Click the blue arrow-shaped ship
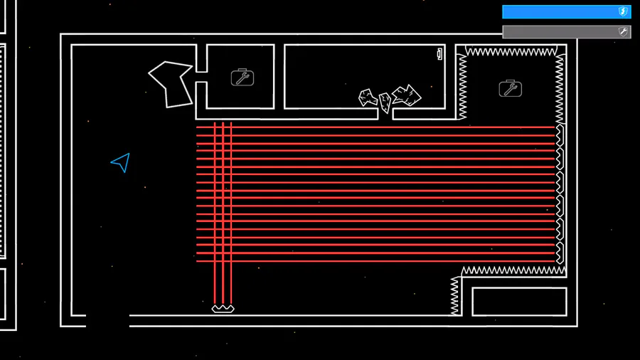(122, 162)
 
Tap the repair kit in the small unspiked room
(242, 77)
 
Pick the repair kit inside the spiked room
(510, 88)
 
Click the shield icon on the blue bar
(623, 12)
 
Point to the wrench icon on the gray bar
(623, 32)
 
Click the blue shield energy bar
(562, 12)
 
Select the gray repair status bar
(562, 32)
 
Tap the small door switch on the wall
(439, 53)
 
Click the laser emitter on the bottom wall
(223, 309)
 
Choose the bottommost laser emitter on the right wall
(560, 253)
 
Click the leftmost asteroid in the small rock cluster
(368, 97)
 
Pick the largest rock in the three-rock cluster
(406, 95)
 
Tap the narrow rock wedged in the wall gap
(385, 103)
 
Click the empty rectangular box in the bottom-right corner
(519, 301)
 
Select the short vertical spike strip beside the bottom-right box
(454, 295)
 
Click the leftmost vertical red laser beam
(215, 213)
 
